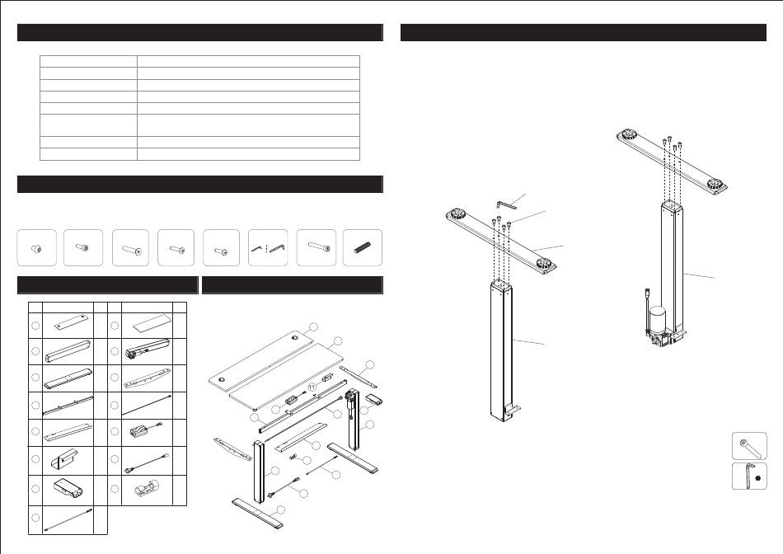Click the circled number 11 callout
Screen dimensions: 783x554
[312, 387]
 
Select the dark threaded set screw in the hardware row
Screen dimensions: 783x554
[363, 247]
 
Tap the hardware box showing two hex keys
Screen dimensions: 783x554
[268, 248]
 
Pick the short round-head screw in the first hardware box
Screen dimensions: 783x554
[36, 248]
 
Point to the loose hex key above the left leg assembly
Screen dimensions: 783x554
[506, 204]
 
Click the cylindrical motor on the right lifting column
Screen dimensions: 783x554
[658, 320]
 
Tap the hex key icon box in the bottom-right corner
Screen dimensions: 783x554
[749, 476]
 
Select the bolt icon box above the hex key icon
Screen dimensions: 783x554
[749, 446]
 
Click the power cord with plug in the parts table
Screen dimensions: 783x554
[147, 463]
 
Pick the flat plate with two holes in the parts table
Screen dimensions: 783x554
[73, 322]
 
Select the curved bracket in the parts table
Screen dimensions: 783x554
[148, 378]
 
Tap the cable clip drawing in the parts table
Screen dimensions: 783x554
[148, 489]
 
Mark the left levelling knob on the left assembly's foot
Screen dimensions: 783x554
[457, 214]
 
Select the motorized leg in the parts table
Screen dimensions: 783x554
[147, 348]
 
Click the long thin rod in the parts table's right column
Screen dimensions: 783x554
[148, 405]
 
